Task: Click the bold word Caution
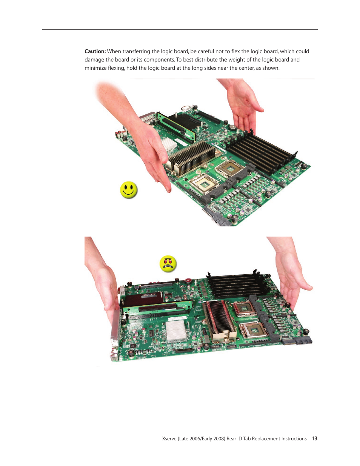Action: tap(95, 51)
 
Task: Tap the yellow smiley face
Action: tap(128, 190)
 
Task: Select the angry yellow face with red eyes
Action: tap(168, 264)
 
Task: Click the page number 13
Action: tap(315, 438)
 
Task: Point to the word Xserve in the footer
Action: tap(169, 439)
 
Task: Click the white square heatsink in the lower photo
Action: tap(175, 331)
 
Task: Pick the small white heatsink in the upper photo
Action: tap(169, 144)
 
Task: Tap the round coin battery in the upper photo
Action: tap(232, 128)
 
